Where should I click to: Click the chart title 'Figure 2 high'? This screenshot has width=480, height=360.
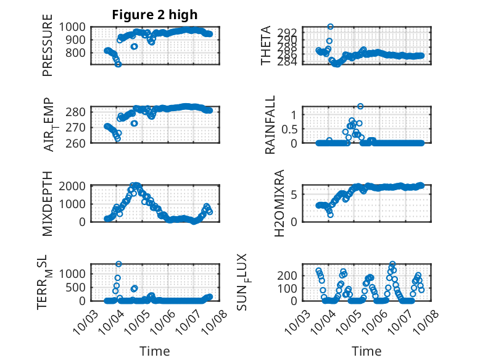pos(154,15)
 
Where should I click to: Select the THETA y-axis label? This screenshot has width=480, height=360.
pos(265,46)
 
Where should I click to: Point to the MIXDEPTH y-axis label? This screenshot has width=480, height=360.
pos(48,203)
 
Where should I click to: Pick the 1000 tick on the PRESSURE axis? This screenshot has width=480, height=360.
pos(76,27)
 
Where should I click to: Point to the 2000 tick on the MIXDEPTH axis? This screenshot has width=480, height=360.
pos(76,186)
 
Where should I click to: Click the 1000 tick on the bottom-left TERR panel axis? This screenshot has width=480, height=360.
pos(76,273)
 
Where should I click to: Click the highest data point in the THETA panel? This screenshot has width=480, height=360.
pos(331,27)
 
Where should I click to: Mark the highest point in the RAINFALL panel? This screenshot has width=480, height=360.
pos(360,106)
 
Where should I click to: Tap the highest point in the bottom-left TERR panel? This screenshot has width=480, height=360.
pos(118,264)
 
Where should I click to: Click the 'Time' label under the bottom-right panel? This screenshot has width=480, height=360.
pos(366,351)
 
